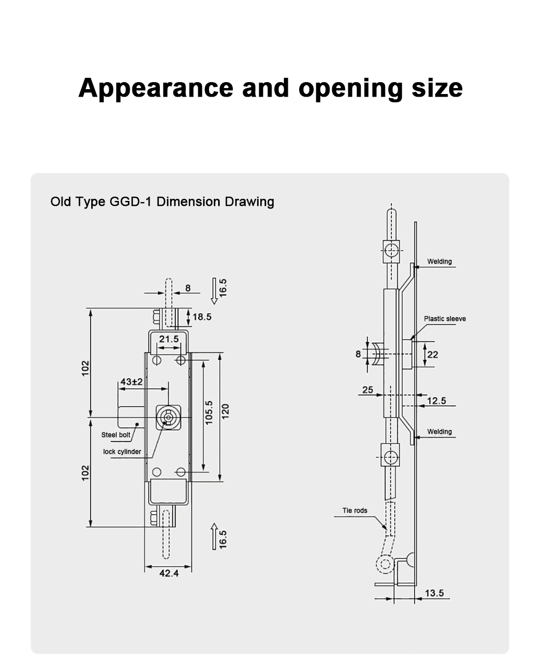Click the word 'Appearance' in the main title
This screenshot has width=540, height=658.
click(156, 88)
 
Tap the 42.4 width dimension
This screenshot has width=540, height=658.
click(168, 573)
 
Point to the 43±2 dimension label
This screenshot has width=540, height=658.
click(131, 381)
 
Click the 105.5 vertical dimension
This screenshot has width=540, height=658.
click(210, 412)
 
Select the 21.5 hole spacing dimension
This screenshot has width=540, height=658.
click(168, 339)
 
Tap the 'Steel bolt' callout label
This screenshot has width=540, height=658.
click(116, 435)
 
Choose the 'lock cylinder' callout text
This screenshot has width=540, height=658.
click(122, 452)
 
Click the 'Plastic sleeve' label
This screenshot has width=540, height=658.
click(444, 319)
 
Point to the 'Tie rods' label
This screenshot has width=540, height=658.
click(355, 511)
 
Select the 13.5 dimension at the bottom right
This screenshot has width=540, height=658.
click(434, 593)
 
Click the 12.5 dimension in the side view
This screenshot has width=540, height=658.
click(436, 400)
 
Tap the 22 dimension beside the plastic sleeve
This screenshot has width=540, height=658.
click(433, 354)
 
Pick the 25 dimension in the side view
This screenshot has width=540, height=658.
click(367, 390)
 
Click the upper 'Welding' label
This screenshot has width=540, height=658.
click(439, 261)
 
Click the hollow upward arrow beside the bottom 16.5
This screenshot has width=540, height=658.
click(214, 536)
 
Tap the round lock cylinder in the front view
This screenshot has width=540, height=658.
click(168, 417)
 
